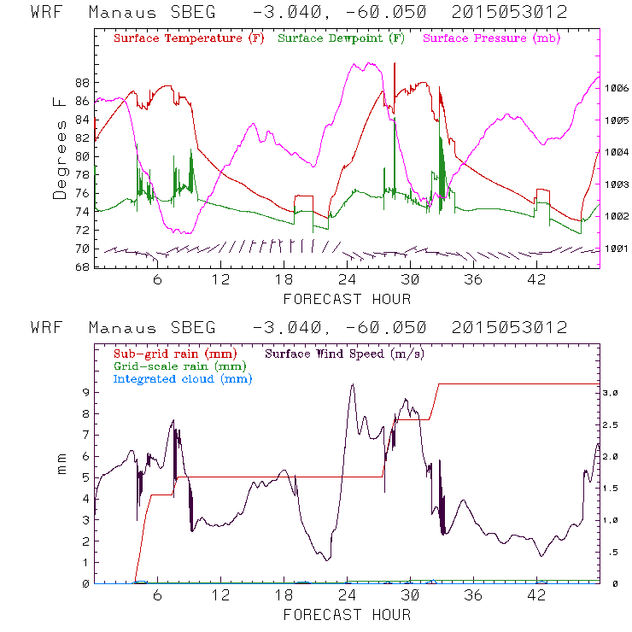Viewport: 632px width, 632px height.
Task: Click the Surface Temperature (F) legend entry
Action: point(189,39)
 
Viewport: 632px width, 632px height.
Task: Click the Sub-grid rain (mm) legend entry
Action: point(174,353)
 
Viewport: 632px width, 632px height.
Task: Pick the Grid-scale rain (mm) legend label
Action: point(178,366)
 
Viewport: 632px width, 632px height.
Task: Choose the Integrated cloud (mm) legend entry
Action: point(183,378)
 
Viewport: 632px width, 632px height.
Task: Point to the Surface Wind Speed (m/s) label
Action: point(345,353)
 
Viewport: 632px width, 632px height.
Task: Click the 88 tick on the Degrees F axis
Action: point(83,83)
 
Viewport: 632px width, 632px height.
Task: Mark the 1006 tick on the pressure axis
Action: point(617,88)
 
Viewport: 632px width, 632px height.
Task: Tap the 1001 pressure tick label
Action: point(617,249)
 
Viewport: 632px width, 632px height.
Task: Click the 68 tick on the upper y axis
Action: point(83,267)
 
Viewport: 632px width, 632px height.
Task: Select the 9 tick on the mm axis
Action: point(85,392)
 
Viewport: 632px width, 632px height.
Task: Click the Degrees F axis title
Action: point(60,148)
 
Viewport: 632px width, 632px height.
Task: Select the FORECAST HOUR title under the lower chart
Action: point(347,615)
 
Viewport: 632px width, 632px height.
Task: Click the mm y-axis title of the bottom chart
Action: point(61,470)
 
